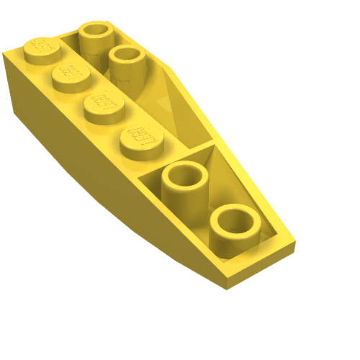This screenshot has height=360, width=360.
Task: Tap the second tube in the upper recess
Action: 126,61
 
